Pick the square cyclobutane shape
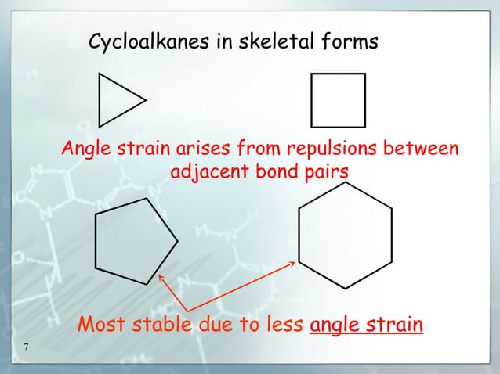click(338, 100)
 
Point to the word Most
click(102, 323)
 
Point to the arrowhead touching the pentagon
click(161, 276)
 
